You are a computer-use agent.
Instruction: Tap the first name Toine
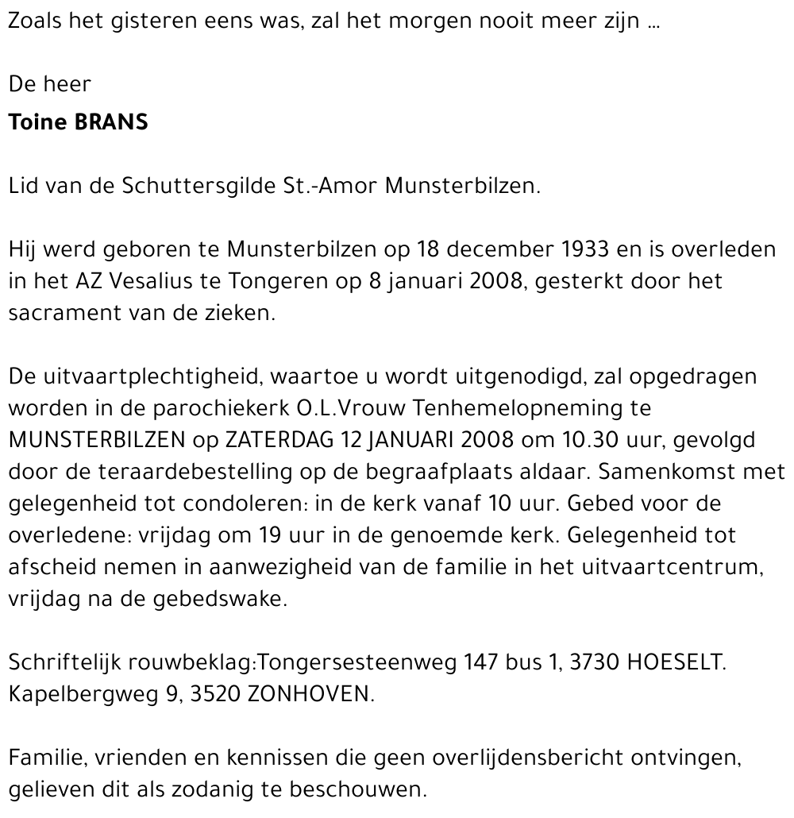pos(36,124)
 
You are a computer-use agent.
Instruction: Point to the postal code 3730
pos(591,662)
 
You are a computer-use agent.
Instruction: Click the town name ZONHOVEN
pos(310,693)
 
